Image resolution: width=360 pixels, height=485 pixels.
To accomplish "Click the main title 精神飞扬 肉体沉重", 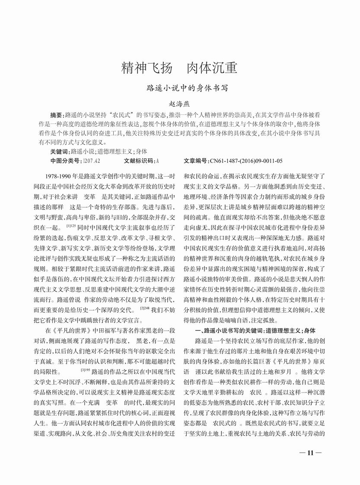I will pyautogui.click(x=180, y=68).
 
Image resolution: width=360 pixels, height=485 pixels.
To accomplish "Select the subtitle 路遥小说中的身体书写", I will pyautogui.click(x=180, y=88).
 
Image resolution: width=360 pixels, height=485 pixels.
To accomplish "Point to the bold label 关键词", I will pyautogui.click(x=59, y=152).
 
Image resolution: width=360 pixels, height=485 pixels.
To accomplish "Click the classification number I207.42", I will pyautogui.click(x=92, y=161).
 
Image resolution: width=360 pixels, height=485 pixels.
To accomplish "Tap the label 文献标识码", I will pyautogui.click(x=139, y=161).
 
